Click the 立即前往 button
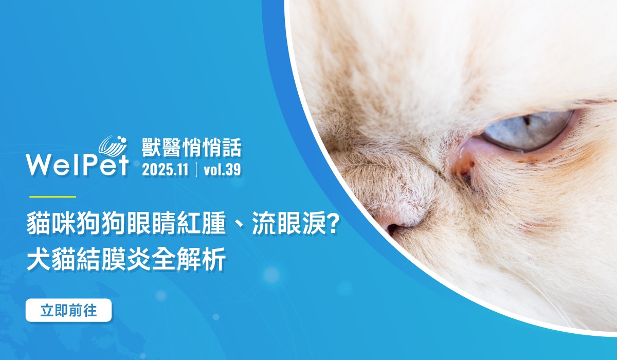(68, 310)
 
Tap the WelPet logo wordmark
(77, 165)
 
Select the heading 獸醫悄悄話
(191, 148)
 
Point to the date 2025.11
(165, 170)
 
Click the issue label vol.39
(222, 170)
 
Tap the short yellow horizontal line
(52, 196)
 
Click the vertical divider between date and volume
(196, 170)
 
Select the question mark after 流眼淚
(333, 226)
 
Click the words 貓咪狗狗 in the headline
(76, 226)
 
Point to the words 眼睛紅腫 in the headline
(176, 226)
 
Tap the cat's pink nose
(396, 220)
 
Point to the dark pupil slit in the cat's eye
(527, 120)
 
